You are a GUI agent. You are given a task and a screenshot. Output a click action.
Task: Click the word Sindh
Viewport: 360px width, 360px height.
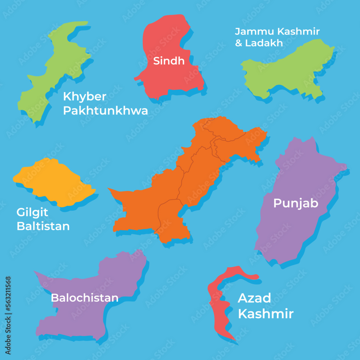[x=169, y=61]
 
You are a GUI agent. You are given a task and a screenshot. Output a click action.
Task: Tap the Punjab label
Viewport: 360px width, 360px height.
[x=296, y=203]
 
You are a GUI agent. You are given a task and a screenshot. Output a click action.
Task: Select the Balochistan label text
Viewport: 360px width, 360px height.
[x=85, y=298]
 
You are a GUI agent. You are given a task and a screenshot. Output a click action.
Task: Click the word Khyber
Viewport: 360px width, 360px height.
[x=85, y=97]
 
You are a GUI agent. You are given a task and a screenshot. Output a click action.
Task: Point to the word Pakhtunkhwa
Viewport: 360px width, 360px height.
[x=105, y=111]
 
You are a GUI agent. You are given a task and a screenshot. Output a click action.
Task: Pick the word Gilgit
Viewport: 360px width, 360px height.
[x=32, y=212]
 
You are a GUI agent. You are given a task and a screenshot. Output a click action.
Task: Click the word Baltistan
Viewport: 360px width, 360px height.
[x=43, y=226]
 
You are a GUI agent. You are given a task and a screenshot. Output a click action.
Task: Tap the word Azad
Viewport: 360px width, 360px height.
[x=255, y=298]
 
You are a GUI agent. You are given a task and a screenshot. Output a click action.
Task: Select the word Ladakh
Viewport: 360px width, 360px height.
[x=264, y=43]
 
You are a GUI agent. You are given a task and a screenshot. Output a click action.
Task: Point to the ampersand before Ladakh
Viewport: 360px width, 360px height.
[x=239, y=43]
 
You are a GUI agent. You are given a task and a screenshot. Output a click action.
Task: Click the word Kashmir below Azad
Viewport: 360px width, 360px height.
[x=266, y=314]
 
